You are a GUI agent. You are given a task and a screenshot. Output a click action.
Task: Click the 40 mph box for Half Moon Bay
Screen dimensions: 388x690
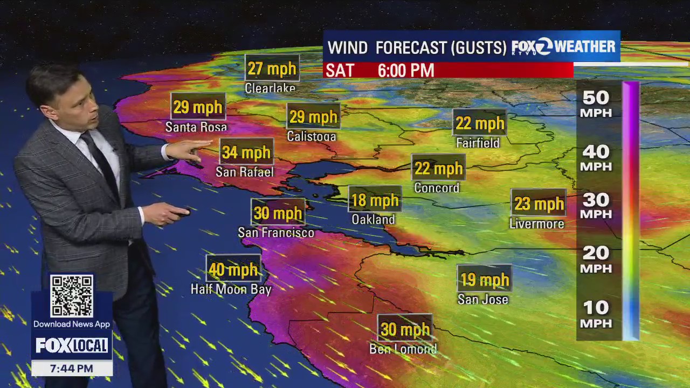(233, 269)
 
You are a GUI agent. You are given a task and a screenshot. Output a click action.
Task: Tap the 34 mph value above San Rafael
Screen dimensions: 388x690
(246, 152)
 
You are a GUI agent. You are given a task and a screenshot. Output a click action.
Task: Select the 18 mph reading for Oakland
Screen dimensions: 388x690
(375, 200)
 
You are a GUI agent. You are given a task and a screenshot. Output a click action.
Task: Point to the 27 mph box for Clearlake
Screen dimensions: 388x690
(272, 68)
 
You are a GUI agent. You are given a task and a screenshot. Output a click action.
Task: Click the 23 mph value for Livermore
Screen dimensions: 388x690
(539, 203)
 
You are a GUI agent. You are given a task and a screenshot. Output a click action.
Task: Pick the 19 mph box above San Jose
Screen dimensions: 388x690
(484, 279)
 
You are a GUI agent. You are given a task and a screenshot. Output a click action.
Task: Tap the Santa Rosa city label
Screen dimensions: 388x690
(196, 127)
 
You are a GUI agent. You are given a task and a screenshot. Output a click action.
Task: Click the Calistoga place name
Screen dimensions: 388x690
(312, 136)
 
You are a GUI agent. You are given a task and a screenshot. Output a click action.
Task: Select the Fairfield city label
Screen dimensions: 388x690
(478, 143)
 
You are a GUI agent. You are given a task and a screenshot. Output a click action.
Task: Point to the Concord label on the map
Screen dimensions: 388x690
(437, 188)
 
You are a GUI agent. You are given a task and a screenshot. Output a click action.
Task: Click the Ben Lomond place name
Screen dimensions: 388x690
(403, 349)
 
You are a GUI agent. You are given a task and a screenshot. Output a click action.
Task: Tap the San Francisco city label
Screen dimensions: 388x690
(276, 233)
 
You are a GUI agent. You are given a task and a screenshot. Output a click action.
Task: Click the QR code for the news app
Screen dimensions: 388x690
(72, 296)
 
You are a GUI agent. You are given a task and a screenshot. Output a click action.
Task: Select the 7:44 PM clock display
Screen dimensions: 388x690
(72, 369)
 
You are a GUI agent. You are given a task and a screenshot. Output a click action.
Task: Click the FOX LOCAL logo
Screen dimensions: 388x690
(72, 345)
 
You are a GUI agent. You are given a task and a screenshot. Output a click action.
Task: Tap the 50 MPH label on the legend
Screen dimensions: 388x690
(596, 104)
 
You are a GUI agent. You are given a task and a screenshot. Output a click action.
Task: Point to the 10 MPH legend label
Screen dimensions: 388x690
(596, 314)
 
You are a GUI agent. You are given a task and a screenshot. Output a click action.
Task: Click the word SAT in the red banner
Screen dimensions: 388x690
(340, 71)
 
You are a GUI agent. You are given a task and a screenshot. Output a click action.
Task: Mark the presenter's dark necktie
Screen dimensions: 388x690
(100, 162)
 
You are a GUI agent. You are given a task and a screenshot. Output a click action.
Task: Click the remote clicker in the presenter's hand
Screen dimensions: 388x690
(180, 212)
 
